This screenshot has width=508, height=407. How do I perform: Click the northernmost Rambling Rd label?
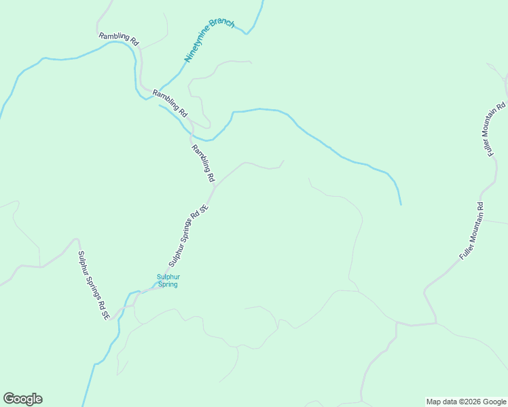pos(119,39)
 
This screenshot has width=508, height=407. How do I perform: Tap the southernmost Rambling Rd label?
pos(203,163)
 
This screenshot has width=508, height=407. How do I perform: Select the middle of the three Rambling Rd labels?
pos(170,102)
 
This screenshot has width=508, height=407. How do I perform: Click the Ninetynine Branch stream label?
pos(209,41)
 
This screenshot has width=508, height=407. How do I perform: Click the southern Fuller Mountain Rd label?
pos(471,231)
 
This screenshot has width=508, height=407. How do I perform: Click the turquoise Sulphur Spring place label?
pos(168,280)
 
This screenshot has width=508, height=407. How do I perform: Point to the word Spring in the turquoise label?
pos(168,284)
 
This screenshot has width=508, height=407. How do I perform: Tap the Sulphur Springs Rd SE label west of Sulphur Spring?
pos(93,286)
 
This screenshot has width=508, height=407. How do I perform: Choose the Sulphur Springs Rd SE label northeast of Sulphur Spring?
pos(187,237)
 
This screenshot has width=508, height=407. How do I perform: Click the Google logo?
pos(22,399)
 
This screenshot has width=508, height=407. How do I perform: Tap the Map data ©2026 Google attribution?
pos(466,402)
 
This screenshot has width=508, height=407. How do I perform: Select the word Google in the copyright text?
pos(494,402)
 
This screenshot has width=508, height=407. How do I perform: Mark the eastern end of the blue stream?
pos(401,204)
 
